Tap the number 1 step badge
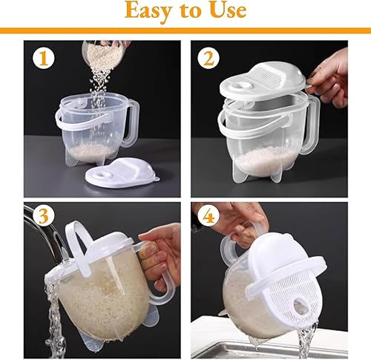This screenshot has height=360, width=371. (x=42, y=59)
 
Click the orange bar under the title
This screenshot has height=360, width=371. (x=185, y=31)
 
